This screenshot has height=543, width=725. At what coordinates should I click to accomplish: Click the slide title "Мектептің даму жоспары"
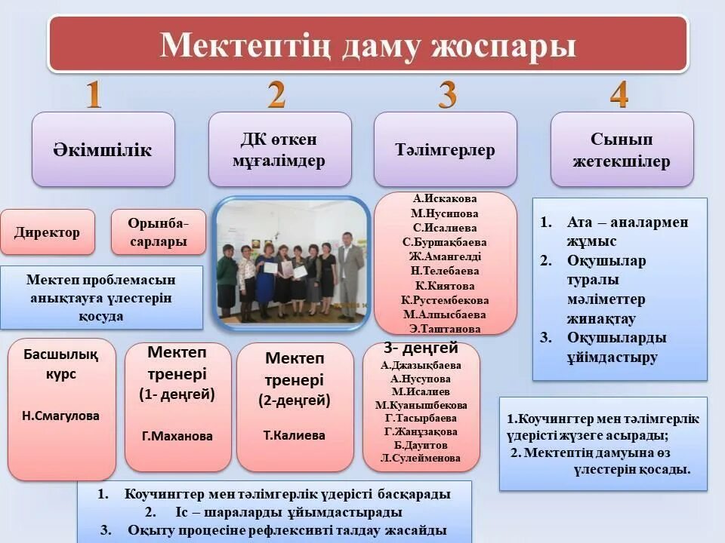coord(368,44)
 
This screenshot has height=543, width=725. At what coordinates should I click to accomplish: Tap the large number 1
coord(94,95)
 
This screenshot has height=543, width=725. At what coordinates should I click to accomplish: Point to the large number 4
coord(619,95)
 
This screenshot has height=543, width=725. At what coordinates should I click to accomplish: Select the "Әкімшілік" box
coord(103,149)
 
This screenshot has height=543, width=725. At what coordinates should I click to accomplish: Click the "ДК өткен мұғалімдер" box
coord(279,149)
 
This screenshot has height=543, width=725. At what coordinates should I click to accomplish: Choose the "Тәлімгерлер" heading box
coord(446,149)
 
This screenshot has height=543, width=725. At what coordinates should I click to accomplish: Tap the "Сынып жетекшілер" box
coord(622,149)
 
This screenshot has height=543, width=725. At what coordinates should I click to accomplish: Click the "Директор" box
coord(47,232)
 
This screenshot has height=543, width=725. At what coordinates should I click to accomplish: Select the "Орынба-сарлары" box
coord(158,232)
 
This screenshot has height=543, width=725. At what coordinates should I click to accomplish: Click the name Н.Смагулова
coord(61,416)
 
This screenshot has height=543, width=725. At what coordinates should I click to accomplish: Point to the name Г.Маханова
coord(177,436)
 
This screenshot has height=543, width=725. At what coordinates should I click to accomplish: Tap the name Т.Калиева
coord(294,435)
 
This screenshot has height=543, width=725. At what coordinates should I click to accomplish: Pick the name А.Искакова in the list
coord(445,199)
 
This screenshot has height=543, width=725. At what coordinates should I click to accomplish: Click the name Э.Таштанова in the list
coord(445,329)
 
